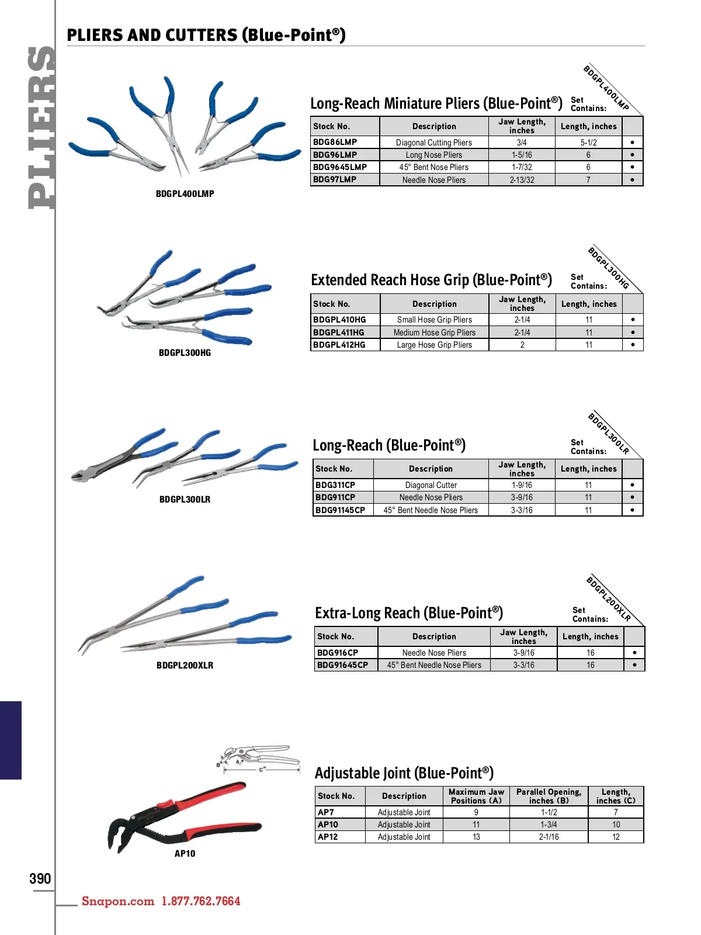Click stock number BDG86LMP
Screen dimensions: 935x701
[x=335, y=142]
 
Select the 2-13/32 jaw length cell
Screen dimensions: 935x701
[x=522, y=180]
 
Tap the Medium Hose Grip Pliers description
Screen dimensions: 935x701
[x=434, y=333]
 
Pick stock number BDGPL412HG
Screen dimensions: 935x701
[x=339, y=345]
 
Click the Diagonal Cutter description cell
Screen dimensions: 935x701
[x=431, y=485]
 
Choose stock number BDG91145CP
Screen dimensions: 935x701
[x=340, y=510]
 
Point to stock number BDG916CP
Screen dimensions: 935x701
[x=338, y=653]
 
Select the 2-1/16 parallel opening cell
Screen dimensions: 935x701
[x=549, y=837]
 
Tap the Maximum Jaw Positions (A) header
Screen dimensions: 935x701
[x=476, y=796]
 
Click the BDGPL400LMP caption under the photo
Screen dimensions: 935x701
[x=185, y=193]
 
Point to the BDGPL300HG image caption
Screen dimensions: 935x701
[x=185, y=353]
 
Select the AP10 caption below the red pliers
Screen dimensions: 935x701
[x=185, y=854]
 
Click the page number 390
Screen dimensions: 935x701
[x=40, y=879]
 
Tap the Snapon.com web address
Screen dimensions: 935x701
[x=117, y=901]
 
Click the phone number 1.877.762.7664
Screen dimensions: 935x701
[x=200, y=901]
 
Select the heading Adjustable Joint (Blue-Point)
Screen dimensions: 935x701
[x=404, y=773]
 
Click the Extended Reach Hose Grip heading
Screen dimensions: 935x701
[x=431, y=280]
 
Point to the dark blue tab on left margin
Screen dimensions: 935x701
[x=11, y=740]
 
